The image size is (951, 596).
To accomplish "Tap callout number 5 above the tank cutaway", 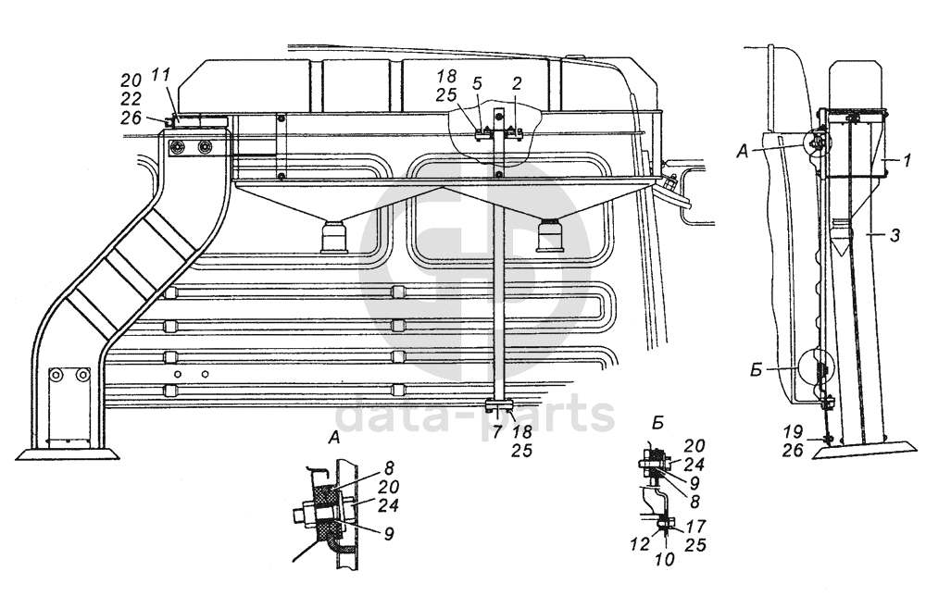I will (x=477, y=83).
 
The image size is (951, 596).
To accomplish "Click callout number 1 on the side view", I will (x=908, y=160).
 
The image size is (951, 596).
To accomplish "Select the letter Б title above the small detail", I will (x=657, y=424).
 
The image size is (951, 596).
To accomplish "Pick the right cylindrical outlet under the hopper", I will (x=553, y=238).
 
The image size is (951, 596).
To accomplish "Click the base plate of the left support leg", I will (x=67, y=453).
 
